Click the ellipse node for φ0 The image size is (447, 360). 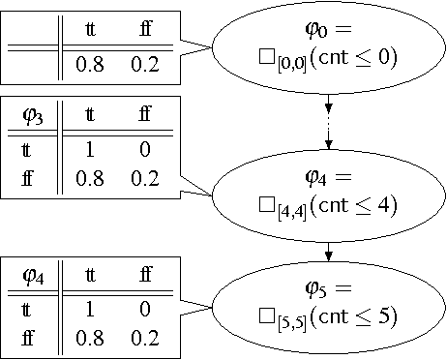click(330, 45)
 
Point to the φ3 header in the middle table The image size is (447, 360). click(32, 118)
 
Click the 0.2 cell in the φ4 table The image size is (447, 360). click(146, 338)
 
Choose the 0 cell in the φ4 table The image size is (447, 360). click(146, 311)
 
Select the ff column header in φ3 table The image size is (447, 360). click(146, 118)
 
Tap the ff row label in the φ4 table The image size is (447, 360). click(30, 338)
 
